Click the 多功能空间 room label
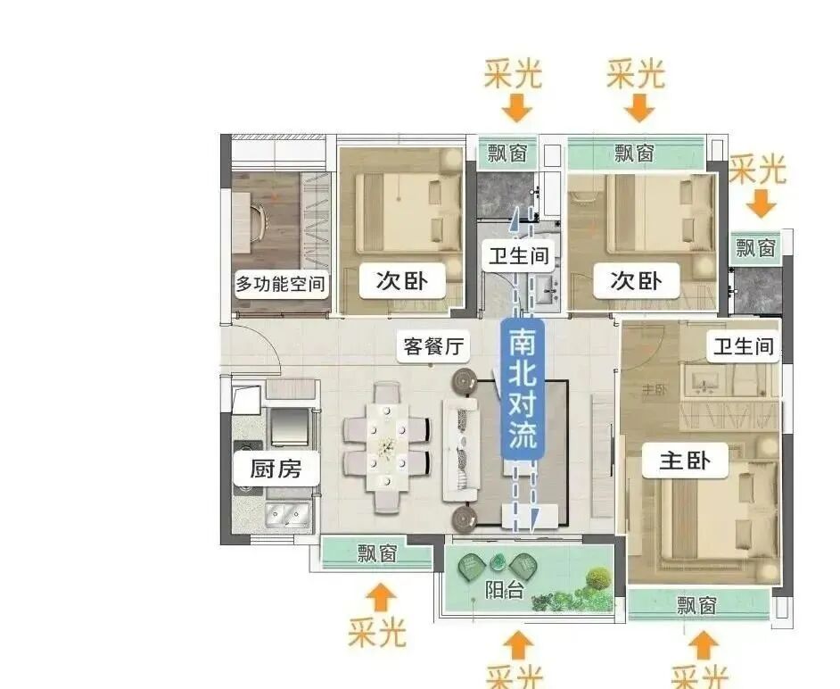click(280, 286)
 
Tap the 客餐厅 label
click(435, 346)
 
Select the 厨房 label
click(276, 468)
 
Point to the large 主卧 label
click(685, 461)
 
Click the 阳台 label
click(504, 590)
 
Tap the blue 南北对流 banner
click(523, 389)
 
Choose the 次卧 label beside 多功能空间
click(401, 282)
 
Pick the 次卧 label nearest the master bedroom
click(636, 280)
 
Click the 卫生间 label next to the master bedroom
click(743, 346)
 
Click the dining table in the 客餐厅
click(387, 445)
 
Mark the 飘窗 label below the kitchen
click(376, 553)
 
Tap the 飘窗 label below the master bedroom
click(696, 606)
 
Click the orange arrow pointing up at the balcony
click(517, 644)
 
